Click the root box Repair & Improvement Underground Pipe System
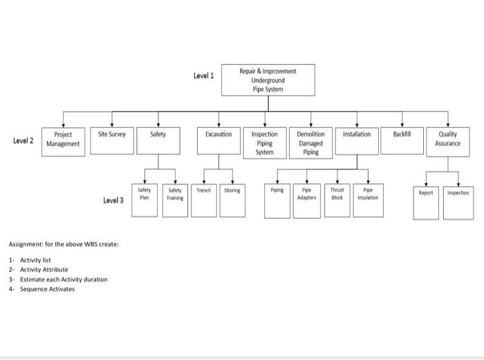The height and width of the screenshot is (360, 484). tap(268, 80)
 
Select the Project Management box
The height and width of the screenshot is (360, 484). tap(63, 140)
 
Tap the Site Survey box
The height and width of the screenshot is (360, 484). tap(112, 139)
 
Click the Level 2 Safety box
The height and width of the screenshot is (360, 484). tap(158, 139)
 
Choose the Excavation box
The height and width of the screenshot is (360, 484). tap(218, 139)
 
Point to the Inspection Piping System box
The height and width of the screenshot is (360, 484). tap(265, 142)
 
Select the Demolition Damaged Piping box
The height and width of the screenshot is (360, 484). tap(310, 142)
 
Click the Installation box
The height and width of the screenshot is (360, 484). tap(357, 139)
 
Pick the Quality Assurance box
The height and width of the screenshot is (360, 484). tap(447, 140)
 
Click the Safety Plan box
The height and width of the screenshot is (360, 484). tap(145, 200)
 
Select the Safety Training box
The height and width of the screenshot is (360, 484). tap(175, 200)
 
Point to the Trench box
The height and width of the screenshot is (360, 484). tap(204, 200)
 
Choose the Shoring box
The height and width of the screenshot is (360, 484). tap(232, 200)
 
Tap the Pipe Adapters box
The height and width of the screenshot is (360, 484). tap(307, 200)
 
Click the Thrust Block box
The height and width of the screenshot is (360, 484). tap(337, 200)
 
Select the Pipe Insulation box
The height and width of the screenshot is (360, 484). tap(368, 200)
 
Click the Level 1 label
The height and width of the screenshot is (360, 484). tap(203, 75)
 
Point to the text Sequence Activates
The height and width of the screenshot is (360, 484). tap(47, 289)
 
